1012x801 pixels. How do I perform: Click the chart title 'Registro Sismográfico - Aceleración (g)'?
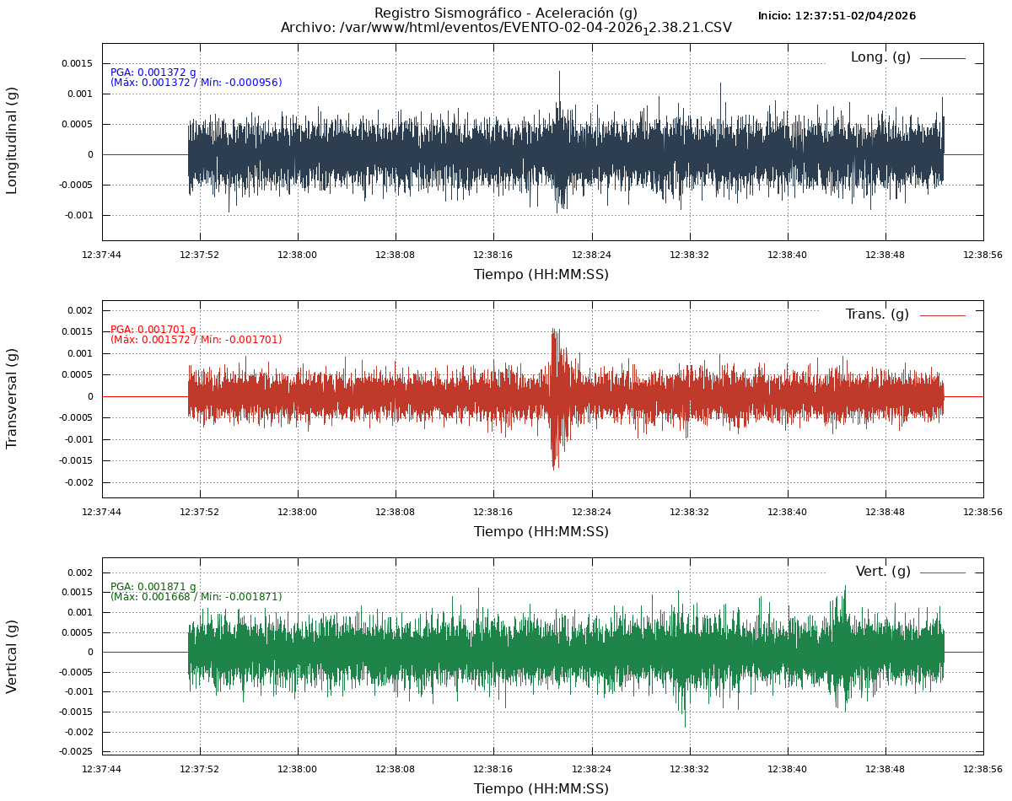click(505, 13)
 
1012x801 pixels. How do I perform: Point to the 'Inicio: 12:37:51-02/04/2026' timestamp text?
click(837, 16)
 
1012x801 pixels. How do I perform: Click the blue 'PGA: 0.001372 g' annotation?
click(153, 73)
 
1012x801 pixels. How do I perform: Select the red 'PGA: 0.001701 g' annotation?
click(153, 330)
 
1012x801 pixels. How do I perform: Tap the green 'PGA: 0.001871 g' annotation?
click(153, 587)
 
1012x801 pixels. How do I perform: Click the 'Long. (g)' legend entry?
click(880, 57)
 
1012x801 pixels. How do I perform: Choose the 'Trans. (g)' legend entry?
click(877, 314)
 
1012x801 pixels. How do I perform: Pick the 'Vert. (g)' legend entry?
click(883, 572)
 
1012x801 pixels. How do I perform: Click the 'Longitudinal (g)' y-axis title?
click(12, 140)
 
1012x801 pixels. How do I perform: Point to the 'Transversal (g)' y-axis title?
click(12, 398)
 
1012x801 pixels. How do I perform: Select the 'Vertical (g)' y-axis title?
click(12, 656)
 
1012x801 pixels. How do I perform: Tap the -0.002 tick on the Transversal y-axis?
click(78, 482)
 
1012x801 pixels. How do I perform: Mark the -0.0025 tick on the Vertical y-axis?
click(77, 751)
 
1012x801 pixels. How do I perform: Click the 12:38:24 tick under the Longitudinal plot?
click(591, 255)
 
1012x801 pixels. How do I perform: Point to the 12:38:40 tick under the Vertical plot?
click(788, 769)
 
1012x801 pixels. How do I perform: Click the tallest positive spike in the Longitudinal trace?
click(559, 73)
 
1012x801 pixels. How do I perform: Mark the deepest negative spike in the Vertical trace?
click(685, 725)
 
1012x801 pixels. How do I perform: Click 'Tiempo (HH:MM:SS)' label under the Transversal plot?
click(541, 531)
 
